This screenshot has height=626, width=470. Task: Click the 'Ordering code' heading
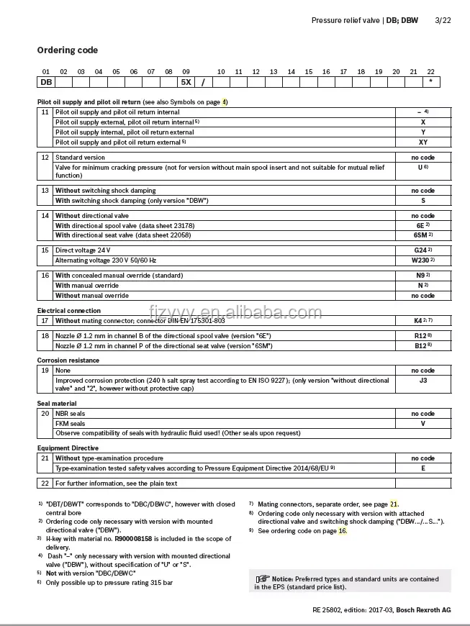[68, 50]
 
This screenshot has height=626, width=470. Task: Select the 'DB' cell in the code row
[45, 82]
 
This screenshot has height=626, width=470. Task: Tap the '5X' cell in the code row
[186, 82]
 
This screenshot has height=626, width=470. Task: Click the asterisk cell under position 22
[430, 82]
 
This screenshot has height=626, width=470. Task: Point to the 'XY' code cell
[423, 142]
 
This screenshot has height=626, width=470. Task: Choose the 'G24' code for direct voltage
[422, 250]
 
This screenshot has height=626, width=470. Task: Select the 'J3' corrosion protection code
[423, 381]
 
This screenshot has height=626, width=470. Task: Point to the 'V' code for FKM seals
[423, 424]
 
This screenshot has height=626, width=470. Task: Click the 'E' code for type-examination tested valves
[423, 468]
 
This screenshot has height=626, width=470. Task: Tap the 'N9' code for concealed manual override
[422, 276]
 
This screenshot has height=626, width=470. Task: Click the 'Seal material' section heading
[57, 404]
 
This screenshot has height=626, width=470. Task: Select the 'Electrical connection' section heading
[68, 311]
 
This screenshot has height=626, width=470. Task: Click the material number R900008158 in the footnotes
[138, 538]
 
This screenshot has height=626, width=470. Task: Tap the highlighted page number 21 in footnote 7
[394, 504]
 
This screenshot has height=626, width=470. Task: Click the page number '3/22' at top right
[443, 20]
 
